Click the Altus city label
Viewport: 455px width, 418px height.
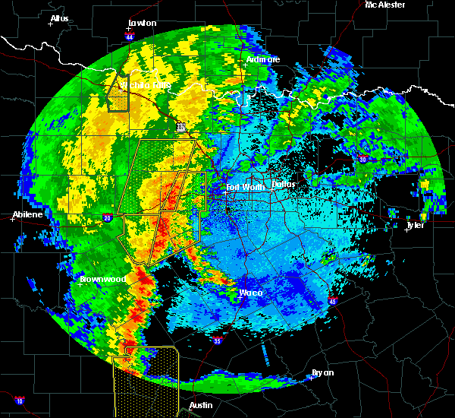coord(58,18)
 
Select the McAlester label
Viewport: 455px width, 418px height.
coord(384,5)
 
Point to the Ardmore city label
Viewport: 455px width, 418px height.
coord(263,59)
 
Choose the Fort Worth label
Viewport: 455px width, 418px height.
coord(245,186)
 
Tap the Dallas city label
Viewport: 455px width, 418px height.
coord(284,185)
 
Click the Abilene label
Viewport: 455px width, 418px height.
coord(27,215)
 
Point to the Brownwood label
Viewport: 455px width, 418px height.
coord(102,280)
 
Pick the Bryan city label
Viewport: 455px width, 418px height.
coord(323,372)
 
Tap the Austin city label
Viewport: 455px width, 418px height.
coord(200,405)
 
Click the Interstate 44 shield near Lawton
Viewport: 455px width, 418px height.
coord(130,36)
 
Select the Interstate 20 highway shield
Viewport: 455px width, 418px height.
coord(108,218)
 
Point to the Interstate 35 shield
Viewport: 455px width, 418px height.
coord(218,341)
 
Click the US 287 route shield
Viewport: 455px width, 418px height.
coord(181,127)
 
